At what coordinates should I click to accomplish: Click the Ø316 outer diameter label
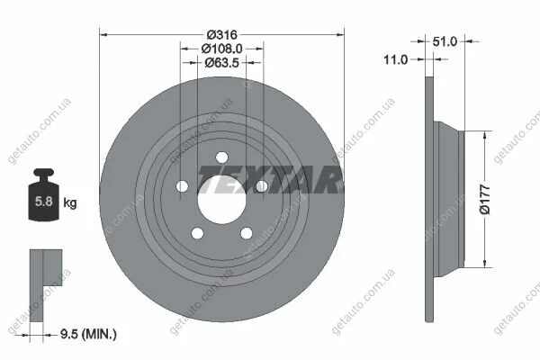click(222, 35)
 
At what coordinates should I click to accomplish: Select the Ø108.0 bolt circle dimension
click(221, 49)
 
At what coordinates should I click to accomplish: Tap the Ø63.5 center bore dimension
click(221, 63)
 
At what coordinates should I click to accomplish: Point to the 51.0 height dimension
click(445, 41)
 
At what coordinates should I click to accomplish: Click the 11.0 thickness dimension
click(395, 59)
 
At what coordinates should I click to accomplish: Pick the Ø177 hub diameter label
click(485, 199)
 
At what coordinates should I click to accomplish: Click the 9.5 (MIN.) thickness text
click(88, 334)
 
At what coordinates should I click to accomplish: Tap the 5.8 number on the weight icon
click(44, 202)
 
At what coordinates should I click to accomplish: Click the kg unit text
click(70, 202)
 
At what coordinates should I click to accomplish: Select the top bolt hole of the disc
click(221, 157)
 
